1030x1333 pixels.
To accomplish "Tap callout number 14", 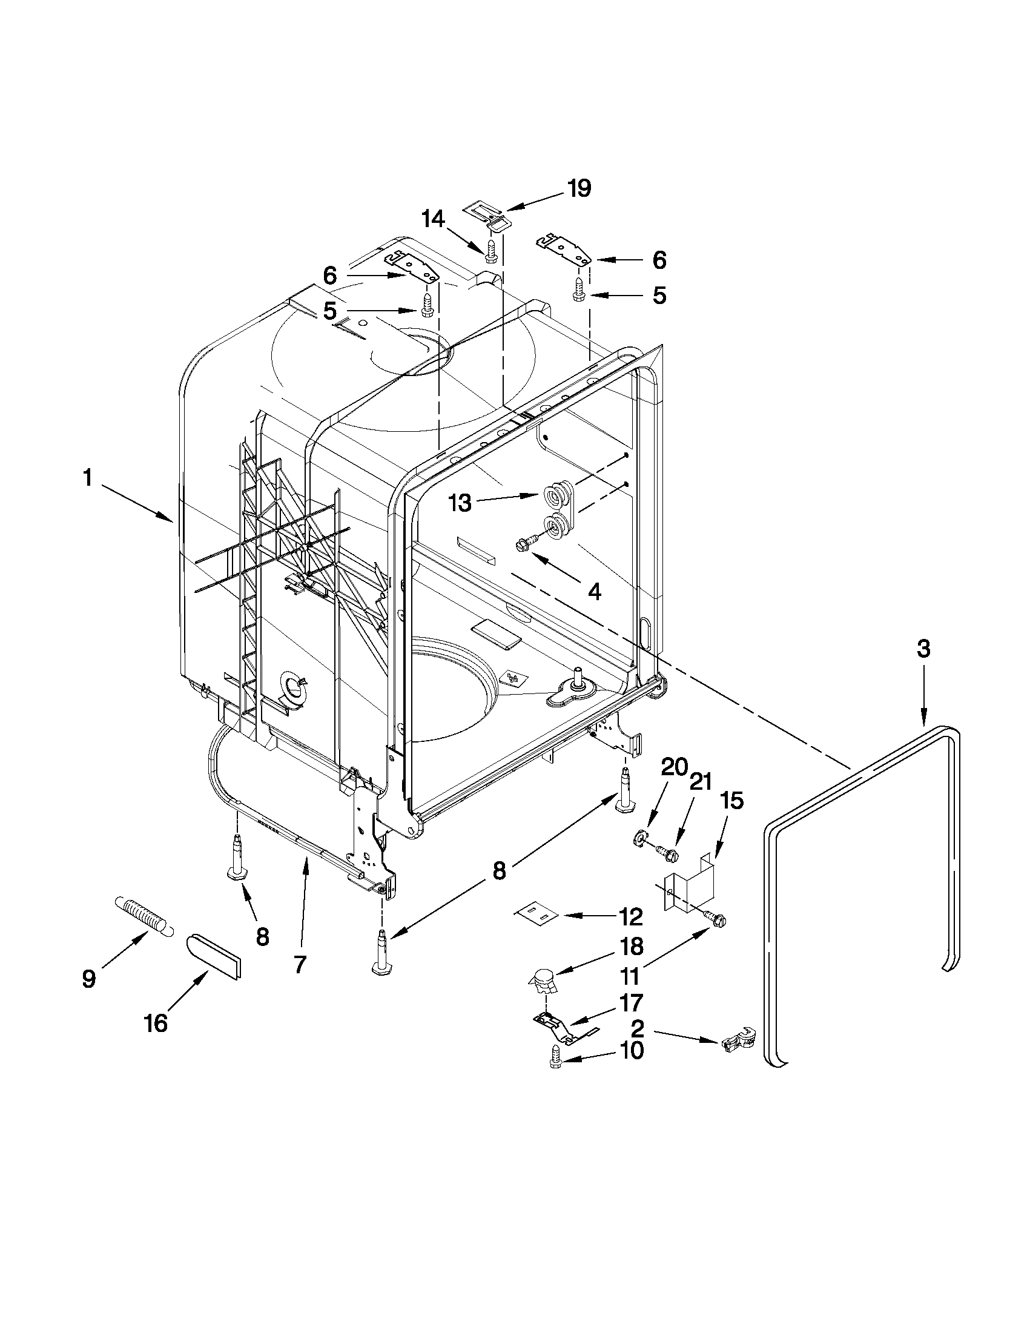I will click(x=433, y=219).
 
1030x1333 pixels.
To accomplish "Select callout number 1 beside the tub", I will click(x=88, y=478).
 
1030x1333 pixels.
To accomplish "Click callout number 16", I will click(x=156, y=1023).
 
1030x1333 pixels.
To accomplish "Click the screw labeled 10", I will click(x=556, y=1055).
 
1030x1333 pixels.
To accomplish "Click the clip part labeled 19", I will click(x=492, y=217).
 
